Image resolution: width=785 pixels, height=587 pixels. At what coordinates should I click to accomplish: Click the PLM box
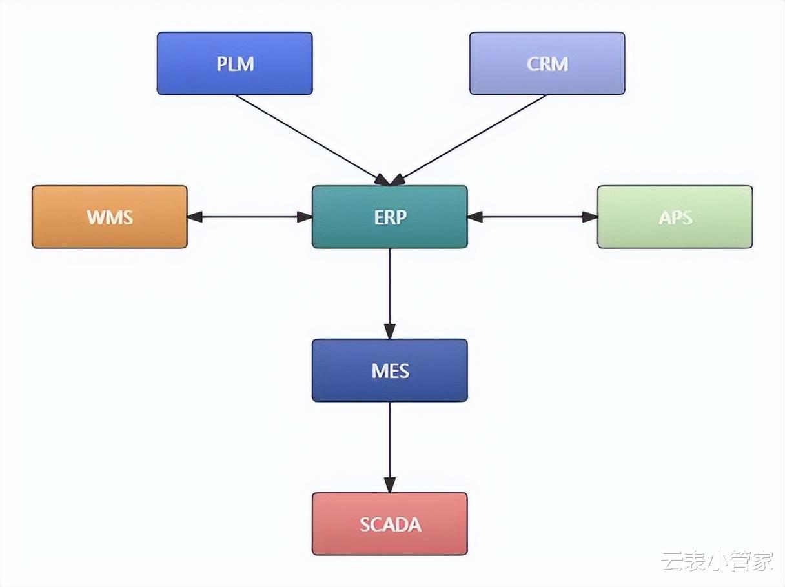(234, 63)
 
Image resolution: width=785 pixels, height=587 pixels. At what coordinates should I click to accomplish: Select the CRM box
(547, 63)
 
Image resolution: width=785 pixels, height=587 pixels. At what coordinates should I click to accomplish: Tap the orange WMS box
(110, 217)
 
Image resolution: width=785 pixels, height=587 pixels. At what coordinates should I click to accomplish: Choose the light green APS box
(675, 217)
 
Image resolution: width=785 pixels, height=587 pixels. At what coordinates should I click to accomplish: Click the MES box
(389, 370)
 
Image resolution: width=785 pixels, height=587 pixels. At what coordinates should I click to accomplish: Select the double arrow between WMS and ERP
(250, 217)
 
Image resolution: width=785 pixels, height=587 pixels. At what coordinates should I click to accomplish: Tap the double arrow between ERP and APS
(532, 217)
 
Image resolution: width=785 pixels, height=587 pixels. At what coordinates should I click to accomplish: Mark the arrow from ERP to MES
(389, 290)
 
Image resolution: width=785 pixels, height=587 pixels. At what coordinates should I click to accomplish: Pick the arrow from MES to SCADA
(389, 445)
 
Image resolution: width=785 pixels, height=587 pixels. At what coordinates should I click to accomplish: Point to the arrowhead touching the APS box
(590, 217)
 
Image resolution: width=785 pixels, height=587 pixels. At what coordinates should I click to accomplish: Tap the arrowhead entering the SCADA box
(389, 485)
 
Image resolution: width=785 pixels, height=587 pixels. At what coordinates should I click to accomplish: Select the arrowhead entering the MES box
(389, 332)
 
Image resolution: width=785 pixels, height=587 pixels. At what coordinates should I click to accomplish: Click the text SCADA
(390, 524)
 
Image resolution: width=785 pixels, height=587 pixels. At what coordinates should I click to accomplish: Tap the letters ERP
(390, 217)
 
